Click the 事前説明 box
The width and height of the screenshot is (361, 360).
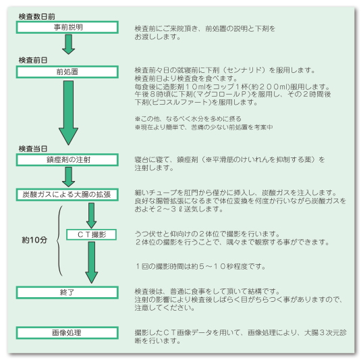pyautogui.click(x=67, y=27)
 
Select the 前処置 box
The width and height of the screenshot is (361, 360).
pyautogui.click(x=67, y=72)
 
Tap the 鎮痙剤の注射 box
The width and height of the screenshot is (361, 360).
pyautogui.click(x=67, y=159)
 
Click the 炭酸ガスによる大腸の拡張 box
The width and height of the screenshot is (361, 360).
pyautogui.click(x=67, y=195)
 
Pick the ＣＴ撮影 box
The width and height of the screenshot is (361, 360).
pyautogui.click(x=91, y=234)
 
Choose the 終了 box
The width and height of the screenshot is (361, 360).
pyautogui.click(x=67, y=292)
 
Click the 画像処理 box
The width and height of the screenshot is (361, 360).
pyautogui.click(x=67, y=333)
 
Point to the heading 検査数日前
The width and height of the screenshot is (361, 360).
pyautogui.click(x=37, y=17)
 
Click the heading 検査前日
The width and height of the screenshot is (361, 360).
pyautogui.click(x=33, y=60)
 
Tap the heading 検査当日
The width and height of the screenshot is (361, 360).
pyautogui.click(x=33, y=149)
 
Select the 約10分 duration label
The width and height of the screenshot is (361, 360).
pyautogui.click(x=34, y=240)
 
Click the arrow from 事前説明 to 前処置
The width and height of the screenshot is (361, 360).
pyautogui.click(x=68, y=45)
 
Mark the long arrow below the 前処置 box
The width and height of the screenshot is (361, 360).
pyautogui.click(x=68, y=113)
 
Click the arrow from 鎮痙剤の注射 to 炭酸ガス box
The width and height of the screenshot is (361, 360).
pyautogui.click(x=68, y=177)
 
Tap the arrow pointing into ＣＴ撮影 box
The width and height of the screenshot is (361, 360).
pyautogui.click(x=91, y=215)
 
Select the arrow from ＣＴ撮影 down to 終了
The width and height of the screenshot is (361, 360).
pyautogui.click(x=92, y=263)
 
